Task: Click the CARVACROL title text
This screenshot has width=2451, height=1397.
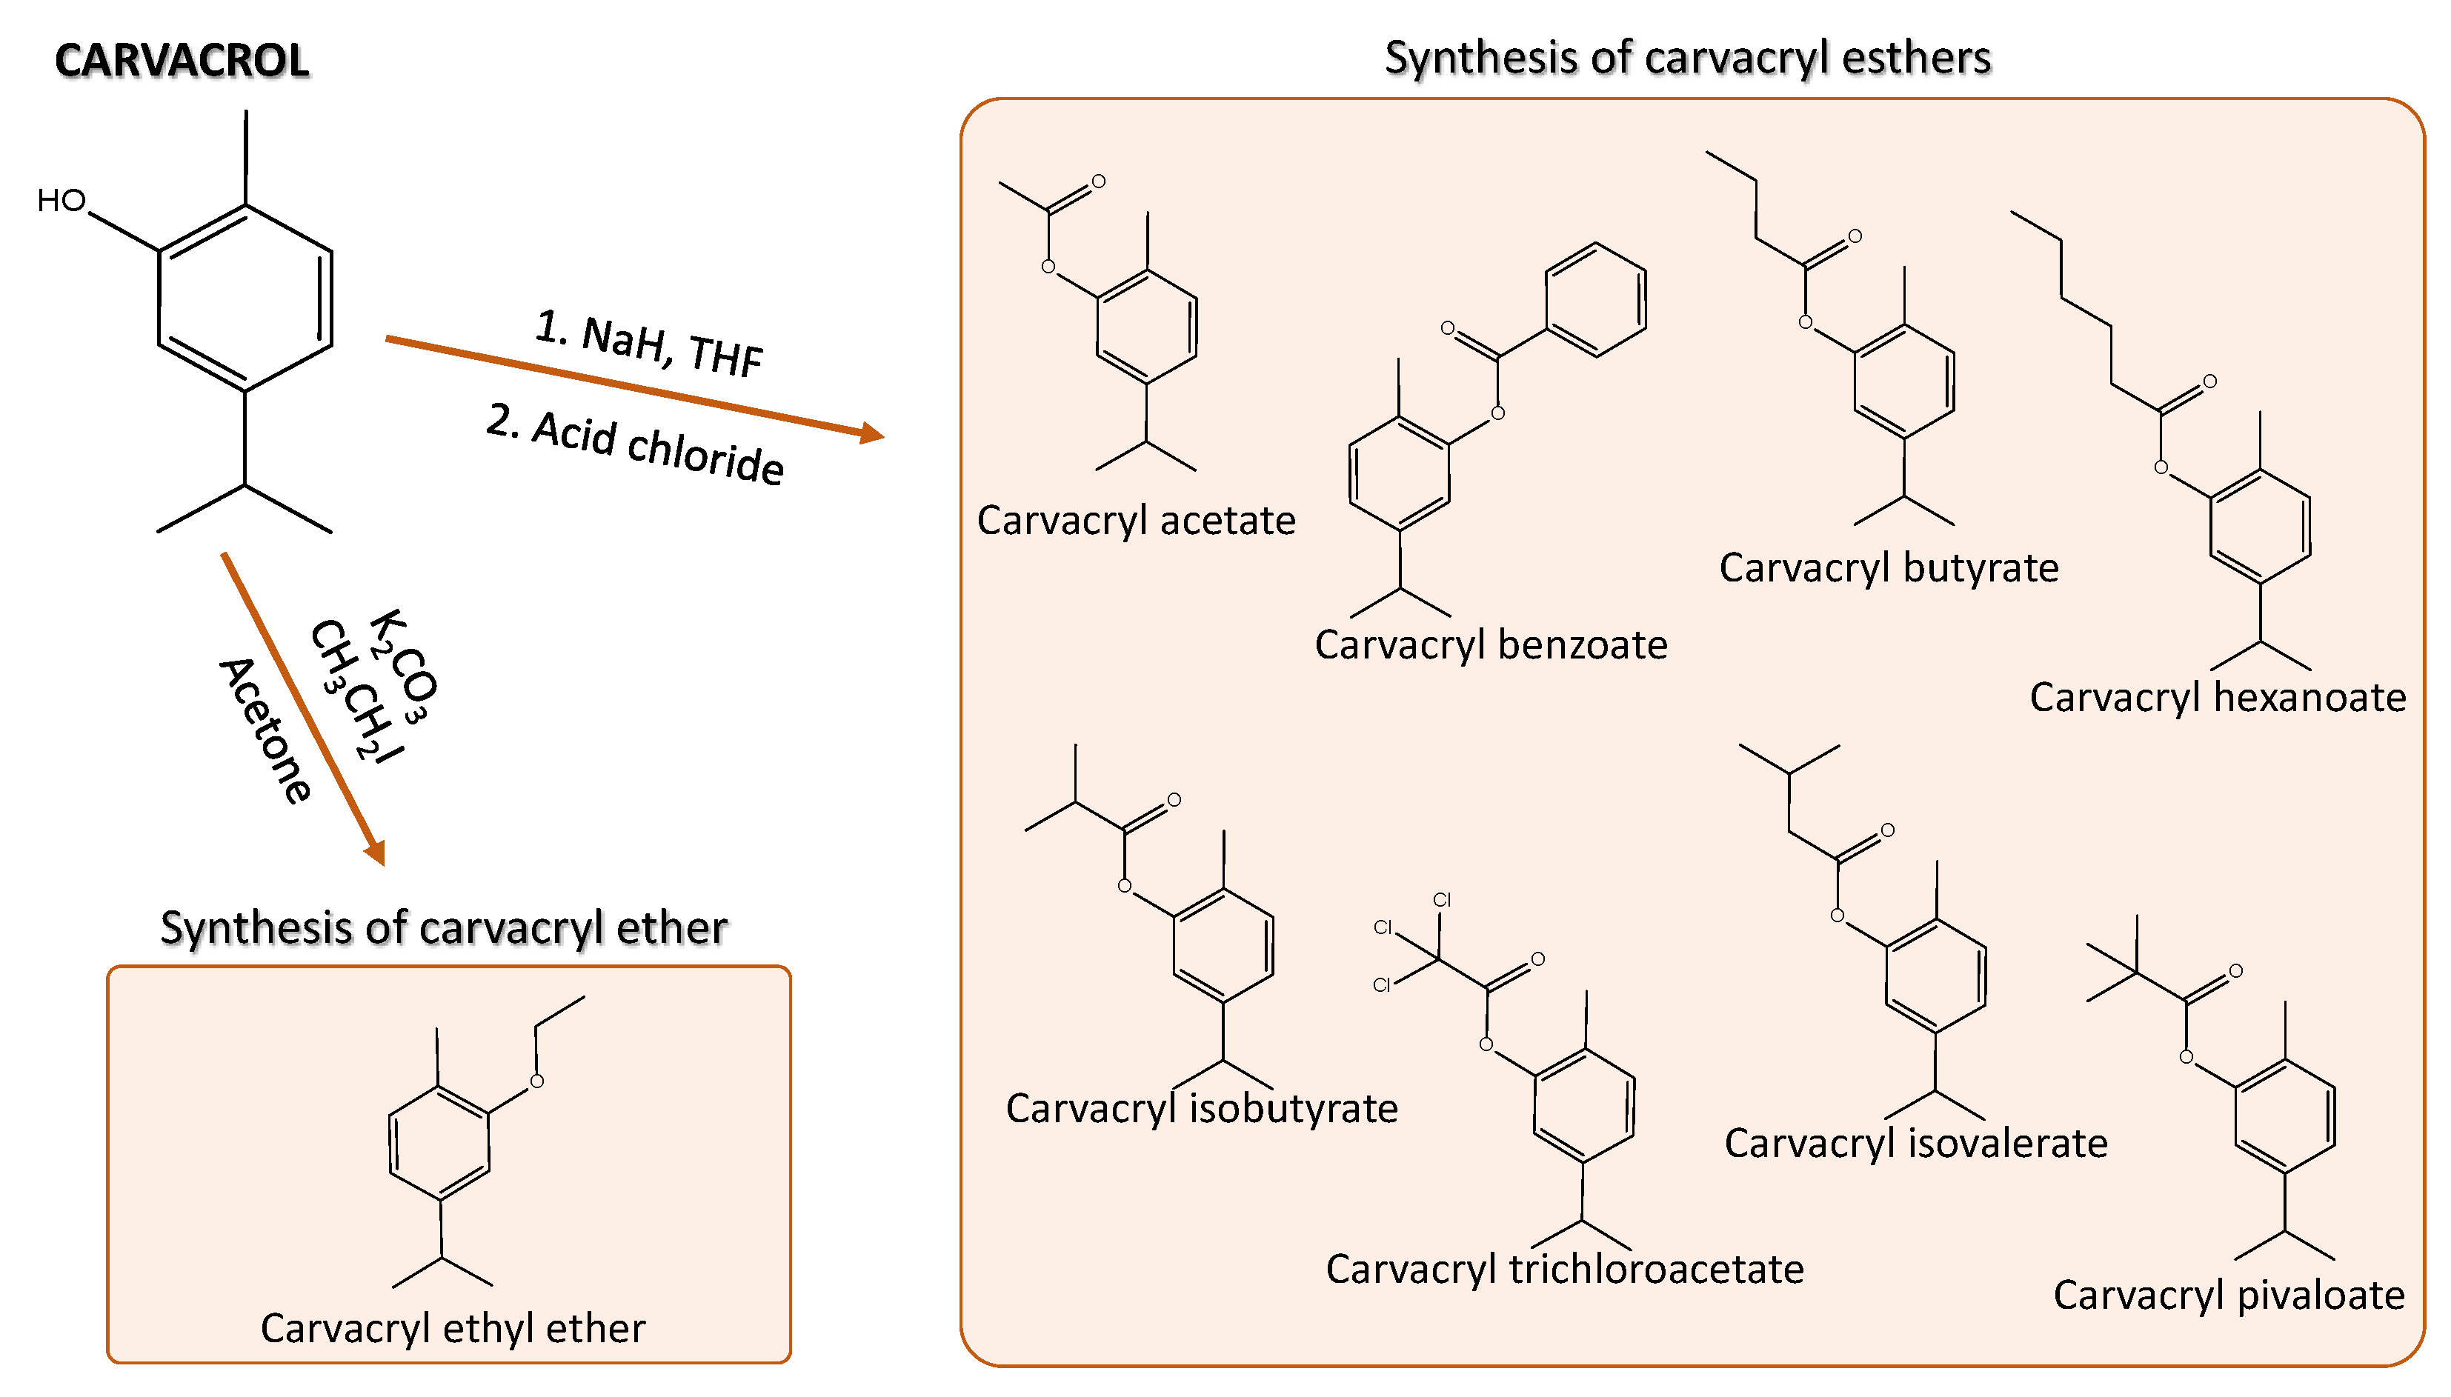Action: point(182,61)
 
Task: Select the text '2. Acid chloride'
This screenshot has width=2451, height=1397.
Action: point(635,445)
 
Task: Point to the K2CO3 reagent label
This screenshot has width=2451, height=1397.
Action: point(404,665)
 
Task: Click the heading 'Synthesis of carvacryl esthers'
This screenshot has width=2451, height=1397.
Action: point(1687,58)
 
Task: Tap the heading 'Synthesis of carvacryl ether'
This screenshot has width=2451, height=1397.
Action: point(443,928)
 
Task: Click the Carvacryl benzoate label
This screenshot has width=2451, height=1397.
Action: point(1490,644)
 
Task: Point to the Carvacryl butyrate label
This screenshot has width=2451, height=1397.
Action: point(1889,568)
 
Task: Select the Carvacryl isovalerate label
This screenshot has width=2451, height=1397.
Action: point(1915,1144)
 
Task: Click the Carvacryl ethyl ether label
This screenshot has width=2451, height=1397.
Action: point(452,1329)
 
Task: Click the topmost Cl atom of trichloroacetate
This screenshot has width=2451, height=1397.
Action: point(1441,900)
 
